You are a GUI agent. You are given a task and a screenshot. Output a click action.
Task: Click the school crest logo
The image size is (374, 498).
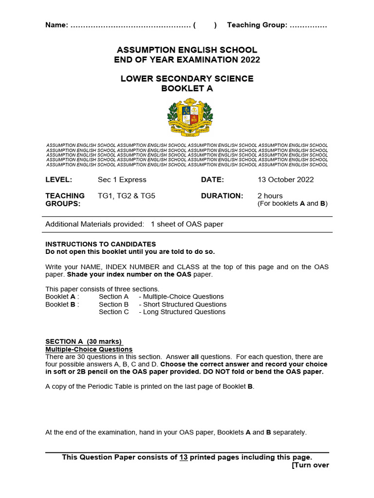pyautogui.click(x=190, y=117)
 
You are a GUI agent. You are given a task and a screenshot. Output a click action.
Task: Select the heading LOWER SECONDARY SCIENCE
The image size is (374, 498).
pyautogui.click(x=187, y=79)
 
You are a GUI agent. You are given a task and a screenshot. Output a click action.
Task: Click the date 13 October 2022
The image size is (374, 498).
pyautogui.click(x=285, y=179)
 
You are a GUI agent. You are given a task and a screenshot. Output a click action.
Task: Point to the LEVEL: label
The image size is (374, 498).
pyautogui.click(x=58, y=179)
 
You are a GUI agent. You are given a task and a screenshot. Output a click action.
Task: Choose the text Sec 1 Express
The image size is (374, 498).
pyautogui.click(x=122, y=179)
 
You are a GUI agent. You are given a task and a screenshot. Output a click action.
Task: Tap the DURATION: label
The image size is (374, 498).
pyautogui.click(x=222, y=196)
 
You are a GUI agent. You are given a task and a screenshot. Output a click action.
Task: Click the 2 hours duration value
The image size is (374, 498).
pyautogui.click(x=270, y=196)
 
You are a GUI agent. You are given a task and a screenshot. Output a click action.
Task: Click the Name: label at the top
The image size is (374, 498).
pyautogui.click(x=56, y=25)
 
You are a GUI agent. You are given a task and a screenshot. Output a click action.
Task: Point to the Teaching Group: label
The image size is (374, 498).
pyautogui.click(x=257, y=25)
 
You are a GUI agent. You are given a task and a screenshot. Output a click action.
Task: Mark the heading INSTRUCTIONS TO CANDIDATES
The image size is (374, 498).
pyautogui.click(x=101, y=244)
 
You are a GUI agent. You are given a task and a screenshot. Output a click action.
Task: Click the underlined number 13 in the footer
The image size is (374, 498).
pyautogui.click(x=184, y=457)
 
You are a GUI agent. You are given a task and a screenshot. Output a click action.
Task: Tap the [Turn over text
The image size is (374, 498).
pyautogui.click(x=310, y=465)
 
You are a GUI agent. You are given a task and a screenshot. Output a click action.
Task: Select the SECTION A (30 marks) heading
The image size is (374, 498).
pyautogui.click(x=83, y=341)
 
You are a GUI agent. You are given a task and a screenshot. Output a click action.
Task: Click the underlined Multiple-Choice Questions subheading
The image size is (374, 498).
pyautogui.click(x=89, y=349)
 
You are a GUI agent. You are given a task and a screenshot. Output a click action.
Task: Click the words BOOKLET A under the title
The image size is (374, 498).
pyautogui.click(x=187, y=89)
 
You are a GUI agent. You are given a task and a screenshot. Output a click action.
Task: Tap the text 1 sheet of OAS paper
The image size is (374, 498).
pyautogui.click(x=187, y=224)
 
